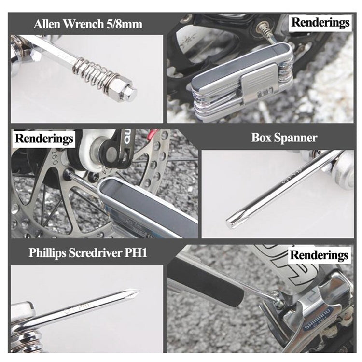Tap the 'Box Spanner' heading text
click(x=284, y=138)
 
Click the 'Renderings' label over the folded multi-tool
click(x=320, y=22)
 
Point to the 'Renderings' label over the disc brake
click(x=44, y=139)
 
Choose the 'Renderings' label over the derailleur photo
click(x=320, y=254)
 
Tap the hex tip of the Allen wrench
click(x=129, y=92)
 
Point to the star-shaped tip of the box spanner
click(x=232, y=223)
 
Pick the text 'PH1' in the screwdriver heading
click(x=135, y=252)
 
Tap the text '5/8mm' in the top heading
click(x=125, y=24)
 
